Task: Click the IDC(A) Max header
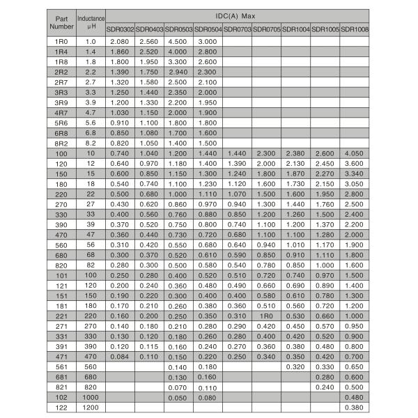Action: tap(238, 15)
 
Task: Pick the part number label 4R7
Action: tap(61, 112)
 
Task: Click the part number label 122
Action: tap(61, 406)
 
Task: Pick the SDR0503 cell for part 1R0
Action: tap(178, 41)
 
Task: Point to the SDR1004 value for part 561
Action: tap(295, 366)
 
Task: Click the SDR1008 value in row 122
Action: tap(355, 406)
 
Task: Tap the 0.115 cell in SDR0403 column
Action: tap(148, 347)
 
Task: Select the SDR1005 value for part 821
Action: tap(325, 387)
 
